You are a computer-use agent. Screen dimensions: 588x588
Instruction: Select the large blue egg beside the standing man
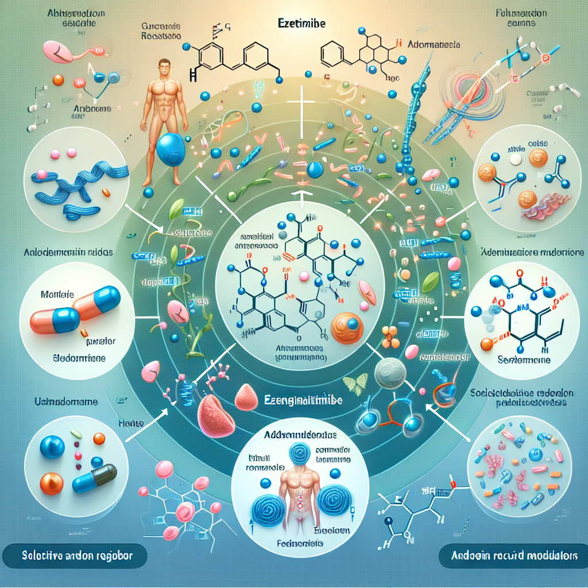171,150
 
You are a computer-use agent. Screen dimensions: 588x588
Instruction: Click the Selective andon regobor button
75,556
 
